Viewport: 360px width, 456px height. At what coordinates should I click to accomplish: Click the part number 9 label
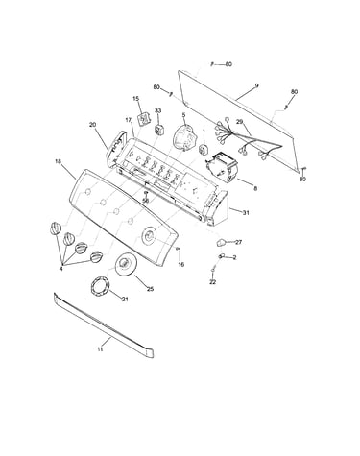tap(256, 85)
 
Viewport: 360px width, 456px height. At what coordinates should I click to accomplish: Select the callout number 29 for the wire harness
tap(240, 122)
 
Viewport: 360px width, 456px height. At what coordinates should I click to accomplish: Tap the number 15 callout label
tap(136, 98)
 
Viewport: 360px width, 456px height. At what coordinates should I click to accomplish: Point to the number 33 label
tap(158, 110)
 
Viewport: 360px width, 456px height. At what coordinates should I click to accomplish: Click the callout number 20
tap(93, 125)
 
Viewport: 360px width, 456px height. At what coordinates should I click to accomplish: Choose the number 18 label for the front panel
tap(58, 161)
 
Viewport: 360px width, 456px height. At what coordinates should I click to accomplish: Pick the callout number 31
tap(246, 212)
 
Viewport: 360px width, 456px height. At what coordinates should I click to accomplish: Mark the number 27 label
tap(238, 242)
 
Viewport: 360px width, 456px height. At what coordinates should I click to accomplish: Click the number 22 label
tap(213, 282)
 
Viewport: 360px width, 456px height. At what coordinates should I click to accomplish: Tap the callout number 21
tap(125, 299)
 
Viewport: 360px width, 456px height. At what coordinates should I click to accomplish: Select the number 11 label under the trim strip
tap(100, 349)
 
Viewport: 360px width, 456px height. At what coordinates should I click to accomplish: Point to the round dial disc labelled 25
tap(125, 264)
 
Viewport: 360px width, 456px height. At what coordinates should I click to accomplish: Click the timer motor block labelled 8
tap(222, 166)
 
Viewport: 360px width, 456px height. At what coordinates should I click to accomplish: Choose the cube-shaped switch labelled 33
tap(159, 130)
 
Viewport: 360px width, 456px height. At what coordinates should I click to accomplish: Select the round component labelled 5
tap(185, 138)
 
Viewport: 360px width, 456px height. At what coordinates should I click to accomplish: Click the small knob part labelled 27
tap(221, 243)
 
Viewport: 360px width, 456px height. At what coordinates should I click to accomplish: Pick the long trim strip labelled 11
tap(104, 324)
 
